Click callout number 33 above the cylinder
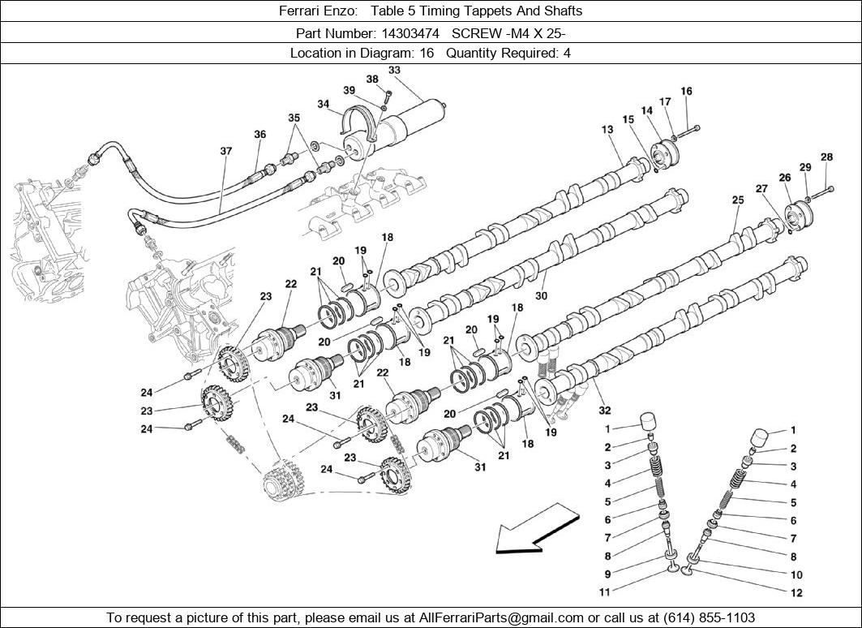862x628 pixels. tap(394, 71)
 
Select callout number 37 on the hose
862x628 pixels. tap(225, 151)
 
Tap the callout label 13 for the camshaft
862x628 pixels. tap(607, 129)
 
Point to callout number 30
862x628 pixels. tap(541, 296)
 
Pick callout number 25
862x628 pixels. tap(737, 200)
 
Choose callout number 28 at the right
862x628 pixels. tap(826, 157)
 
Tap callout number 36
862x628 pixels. tap(259, 135)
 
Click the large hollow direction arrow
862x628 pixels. tap(535, 528)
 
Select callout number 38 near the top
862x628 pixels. tap(372, 80)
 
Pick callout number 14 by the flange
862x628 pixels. tap(647, 111)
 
